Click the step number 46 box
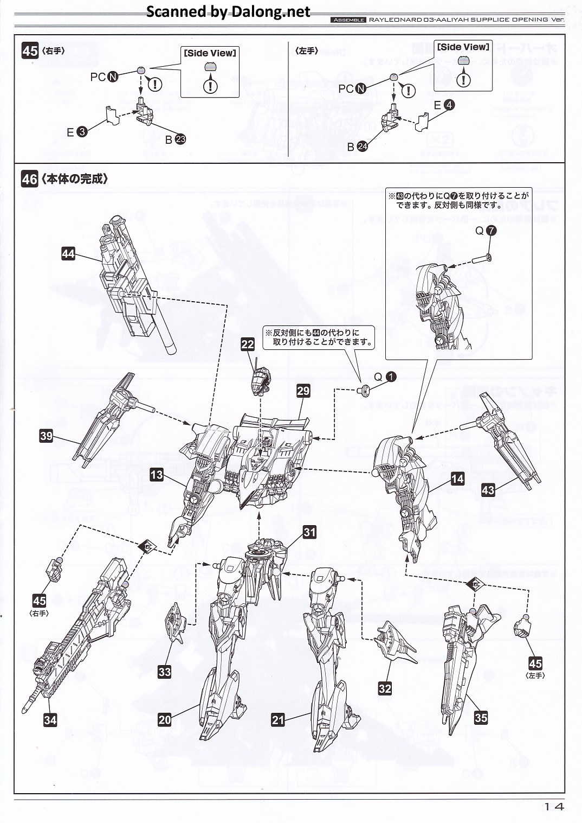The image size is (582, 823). [x=30, y=178]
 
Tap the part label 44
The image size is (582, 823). [x=68, y=253]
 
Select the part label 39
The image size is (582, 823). [x=46, y=435]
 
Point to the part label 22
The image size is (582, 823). [x=248, y=344]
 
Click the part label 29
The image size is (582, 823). [x=303, y=391]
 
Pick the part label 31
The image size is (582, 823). [x=309, y=532]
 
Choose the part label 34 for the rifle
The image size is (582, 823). [x=50, y=720]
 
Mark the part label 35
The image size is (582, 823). [x=481, y=717]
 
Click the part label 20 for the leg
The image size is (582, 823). [x=165, y=720]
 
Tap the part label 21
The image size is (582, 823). [x=278, y=720]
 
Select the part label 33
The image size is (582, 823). [x=165, y=672]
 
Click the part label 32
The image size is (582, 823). [x=385, y=688]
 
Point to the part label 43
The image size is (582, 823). [x=488, y=490]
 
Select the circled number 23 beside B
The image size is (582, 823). [x=180, y=139]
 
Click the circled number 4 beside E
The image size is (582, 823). [x=449, y=105]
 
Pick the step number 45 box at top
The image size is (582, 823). [x=30, y=51]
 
